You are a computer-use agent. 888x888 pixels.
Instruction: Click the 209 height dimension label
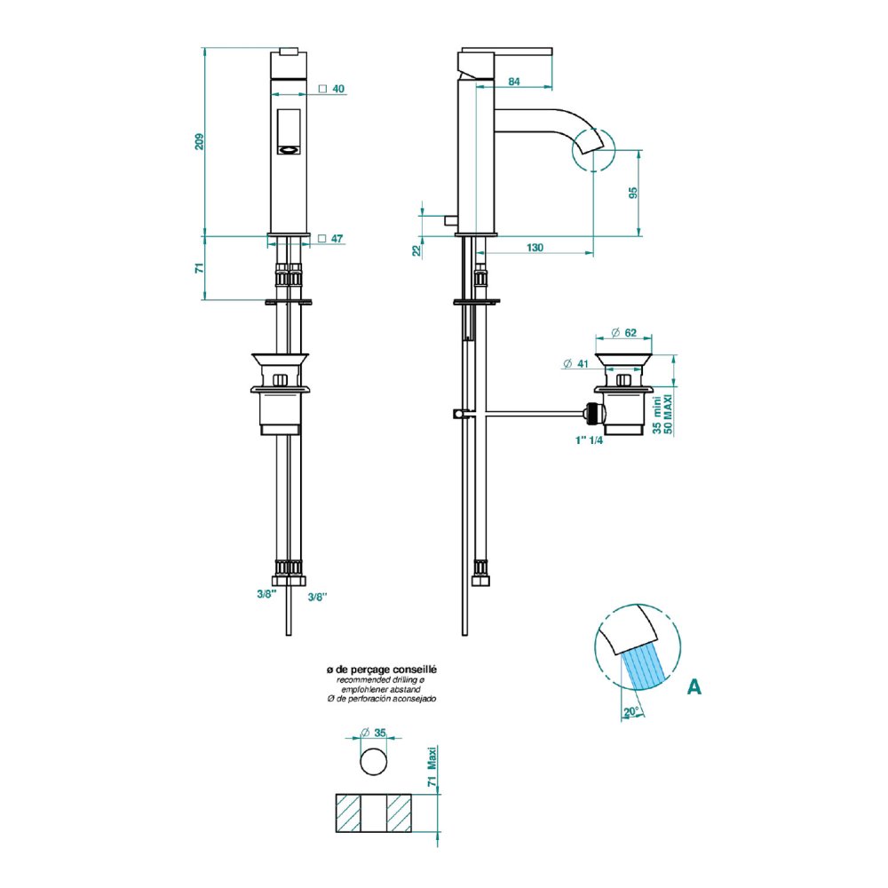click(199, 141)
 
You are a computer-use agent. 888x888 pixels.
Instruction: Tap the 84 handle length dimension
click(513, 82)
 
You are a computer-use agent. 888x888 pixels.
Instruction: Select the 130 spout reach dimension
click(535, 248)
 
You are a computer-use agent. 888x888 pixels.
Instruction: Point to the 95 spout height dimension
click(633, 193)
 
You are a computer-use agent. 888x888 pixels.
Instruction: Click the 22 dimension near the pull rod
click(416, 250)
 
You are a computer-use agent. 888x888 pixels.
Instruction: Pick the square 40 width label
click(332, 89)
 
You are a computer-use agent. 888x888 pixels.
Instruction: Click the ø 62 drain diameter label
click(624, 333)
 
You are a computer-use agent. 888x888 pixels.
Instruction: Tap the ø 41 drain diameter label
click(576, 364)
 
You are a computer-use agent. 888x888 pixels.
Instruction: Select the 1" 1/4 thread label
click(589, 440)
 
